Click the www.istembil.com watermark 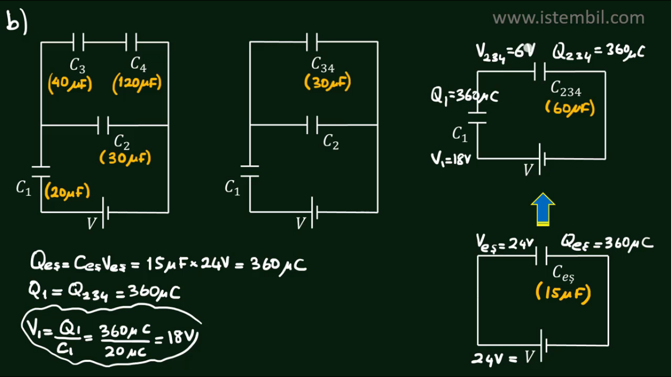click(568, 18)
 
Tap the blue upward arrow click(543, 209)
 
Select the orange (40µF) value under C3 click(70, 84)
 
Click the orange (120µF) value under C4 click(137, 84)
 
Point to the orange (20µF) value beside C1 click(67, 192)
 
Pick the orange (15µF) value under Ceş click(562, 294)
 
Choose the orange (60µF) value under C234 click(570, 108)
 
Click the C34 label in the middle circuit click(323, 64)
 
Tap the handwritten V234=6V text click(505, 51)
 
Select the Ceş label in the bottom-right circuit click(562, 271)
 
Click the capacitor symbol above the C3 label click(78, 42)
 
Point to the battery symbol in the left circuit click(105, 213)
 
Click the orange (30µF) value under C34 click(327, 83)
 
